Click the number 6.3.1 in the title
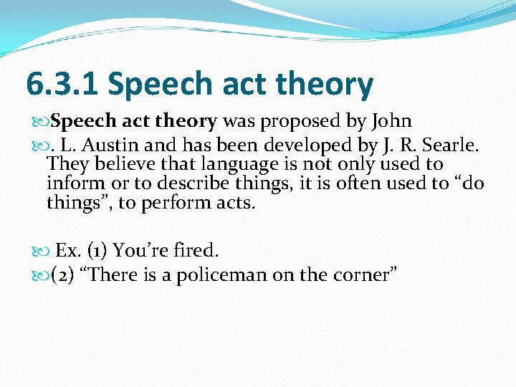(x=63, y=85)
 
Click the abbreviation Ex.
(x=68, y=251)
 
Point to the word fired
(x=195, y=251)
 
